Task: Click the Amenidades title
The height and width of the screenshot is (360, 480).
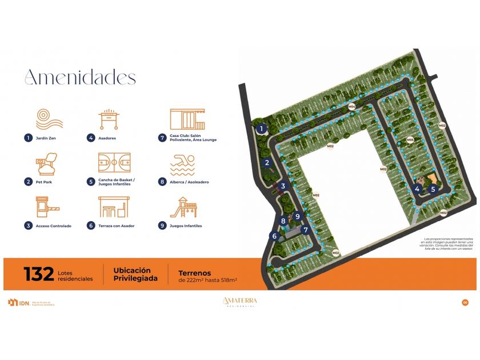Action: tap(80, 77)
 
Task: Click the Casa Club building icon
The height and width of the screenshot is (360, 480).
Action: tap(187, 119)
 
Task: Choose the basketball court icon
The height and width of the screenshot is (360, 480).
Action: tap(114, 163)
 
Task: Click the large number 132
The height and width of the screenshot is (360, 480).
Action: tap(38, 274)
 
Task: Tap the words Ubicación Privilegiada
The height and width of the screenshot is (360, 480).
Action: tap(132, 274)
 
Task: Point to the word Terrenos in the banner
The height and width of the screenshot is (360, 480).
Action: tap(195, 273)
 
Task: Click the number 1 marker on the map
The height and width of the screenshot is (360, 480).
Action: tap(261, 129)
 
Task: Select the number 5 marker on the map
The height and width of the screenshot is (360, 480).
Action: tap(433, 189)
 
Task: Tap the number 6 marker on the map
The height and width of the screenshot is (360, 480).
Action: tap(274, 236)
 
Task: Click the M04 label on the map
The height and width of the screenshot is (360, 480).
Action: tap(352, 107)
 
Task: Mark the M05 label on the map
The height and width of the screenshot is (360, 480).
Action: tap(410, 140)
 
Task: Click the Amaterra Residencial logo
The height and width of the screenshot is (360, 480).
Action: tap(240, 302)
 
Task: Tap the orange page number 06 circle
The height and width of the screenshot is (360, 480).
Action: tap(465, 302)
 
